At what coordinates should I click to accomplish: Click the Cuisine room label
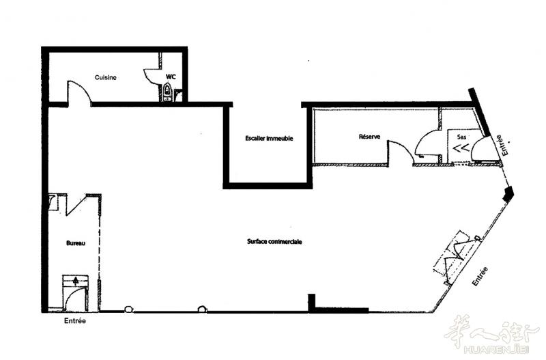coord(106,77)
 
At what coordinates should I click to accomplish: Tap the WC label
coord(171,77)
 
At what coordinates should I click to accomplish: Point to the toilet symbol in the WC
coord(168,92)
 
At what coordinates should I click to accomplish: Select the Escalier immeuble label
coord(269,139)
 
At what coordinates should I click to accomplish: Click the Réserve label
coord(369,137)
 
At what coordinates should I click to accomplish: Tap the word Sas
coord(461,137)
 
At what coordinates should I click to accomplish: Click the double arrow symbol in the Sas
coord(461,148)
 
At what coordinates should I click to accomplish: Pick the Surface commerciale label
coord(274,242)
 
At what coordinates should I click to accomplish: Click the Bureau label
coord(76,243)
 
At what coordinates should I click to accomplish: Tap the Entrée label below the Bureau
coord(75,320)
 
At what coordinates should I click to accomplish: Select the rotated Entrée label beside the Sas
coord(502,145)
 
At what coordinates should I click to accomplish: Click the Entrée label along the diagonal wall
coord(480,277)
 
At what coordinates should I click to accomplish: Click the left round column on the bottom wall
coord(128,309)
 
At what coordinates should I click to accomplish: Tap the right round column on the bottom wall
coord(202,309)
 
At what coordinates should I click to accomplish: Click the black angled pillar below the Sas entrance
coord(508,193)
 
